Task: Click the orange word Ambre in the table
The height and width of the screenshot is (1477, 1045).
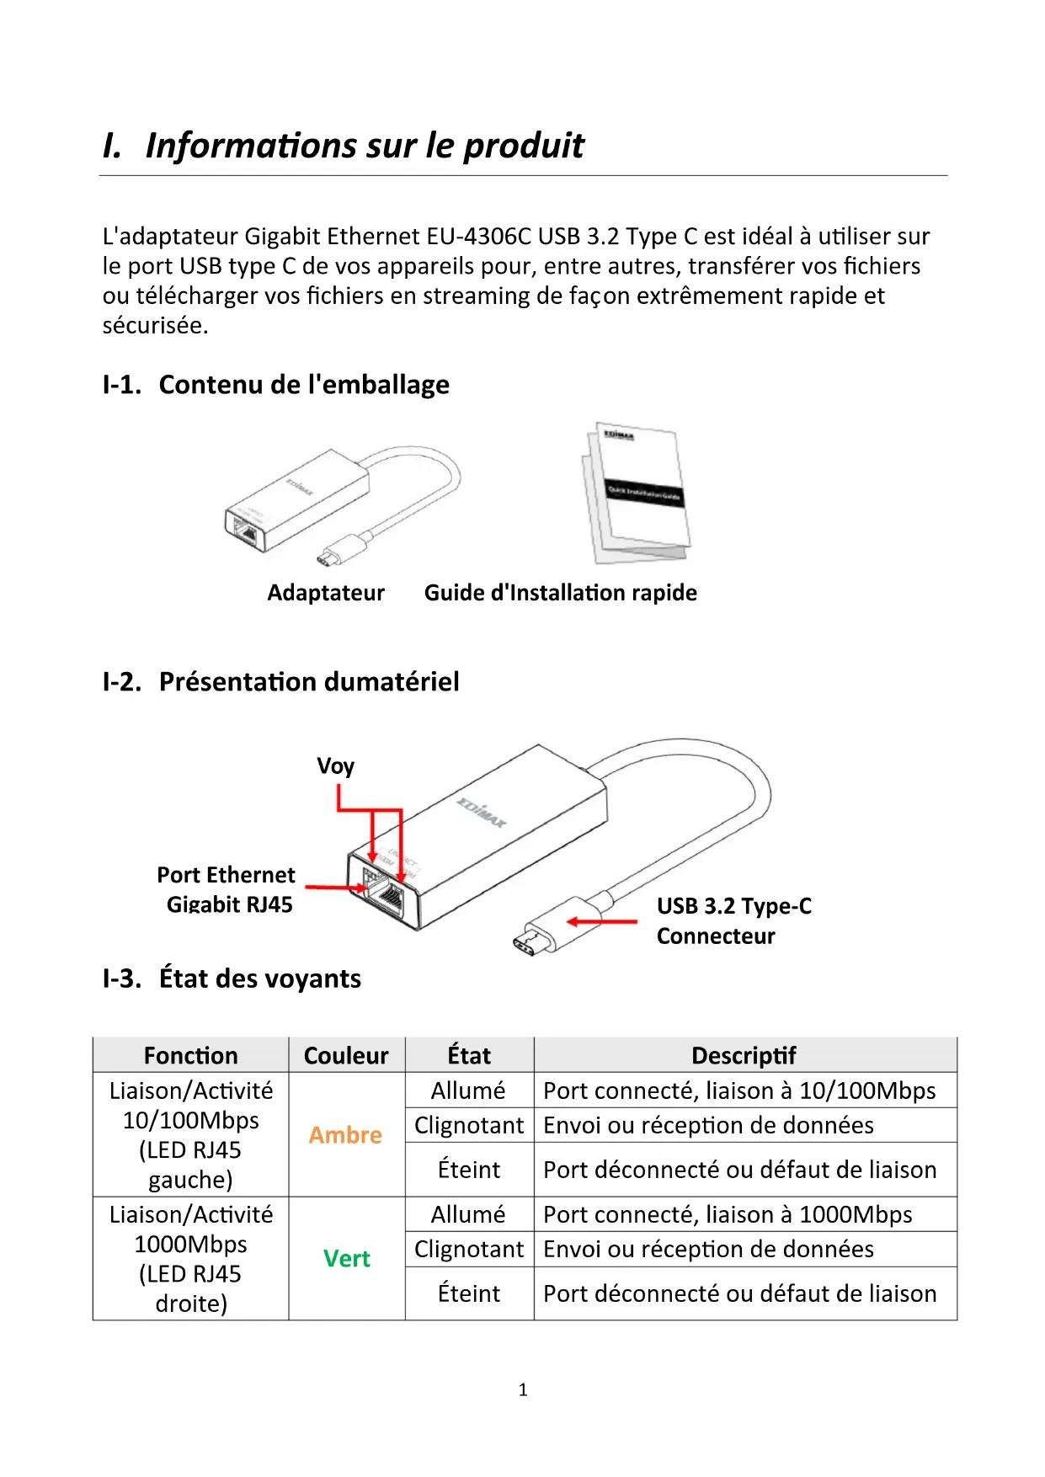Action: coord(345,1135)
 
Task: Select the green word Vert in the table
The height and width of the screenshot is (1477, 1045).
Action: coord(346,1259)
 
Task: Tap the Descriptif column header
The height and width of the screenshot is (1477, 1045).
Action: coord(744,1056)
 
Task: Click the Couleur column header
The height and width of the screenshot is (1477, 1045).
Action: coord(346,1056)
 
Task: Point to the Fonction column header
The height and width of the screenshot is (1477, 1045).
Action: coord(190,1056)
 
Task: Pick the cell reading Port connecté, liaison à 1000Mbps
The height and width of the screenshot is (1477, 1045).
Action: coord(728,1214)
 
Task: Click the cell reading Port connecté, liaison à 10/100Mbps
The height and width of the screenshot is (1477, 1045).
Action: coord(738,1090)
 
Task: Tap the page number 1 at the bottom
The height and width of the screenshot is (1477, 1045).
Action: coord(523,1390)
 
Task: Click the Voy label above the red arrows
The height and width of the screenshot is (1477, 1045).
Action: coord(335,766)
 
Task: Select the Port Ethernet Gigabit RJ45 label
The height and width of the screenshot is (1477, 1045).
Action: coord(227,889)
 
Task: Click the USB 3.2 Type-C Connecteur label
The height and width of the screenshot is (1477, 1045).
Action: coord(733,920)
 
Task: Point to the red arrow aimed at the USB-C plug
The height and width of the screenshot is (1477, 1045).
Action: coord(601,921)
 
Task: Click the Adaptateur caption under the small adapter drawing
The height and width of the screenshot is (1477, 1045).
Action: coord(326,593)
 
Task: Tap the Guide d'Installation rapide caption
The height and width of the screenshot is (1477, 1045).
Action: coord(560,593)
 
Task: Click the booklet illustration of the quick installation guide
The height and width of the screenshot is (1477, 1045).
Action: coord(637,493)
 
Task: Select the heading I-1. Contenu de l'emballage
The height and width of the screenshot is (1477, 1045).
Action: coord(275,385)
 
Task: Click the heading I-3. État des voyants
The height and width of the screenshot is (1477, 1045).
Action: coord(232,978)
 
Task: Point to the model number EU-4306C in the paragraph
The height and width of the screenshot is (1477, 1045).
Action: coord(478,237)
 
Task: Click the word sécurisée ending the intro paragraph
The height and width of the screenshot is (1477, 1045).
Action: coord(154,326)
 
